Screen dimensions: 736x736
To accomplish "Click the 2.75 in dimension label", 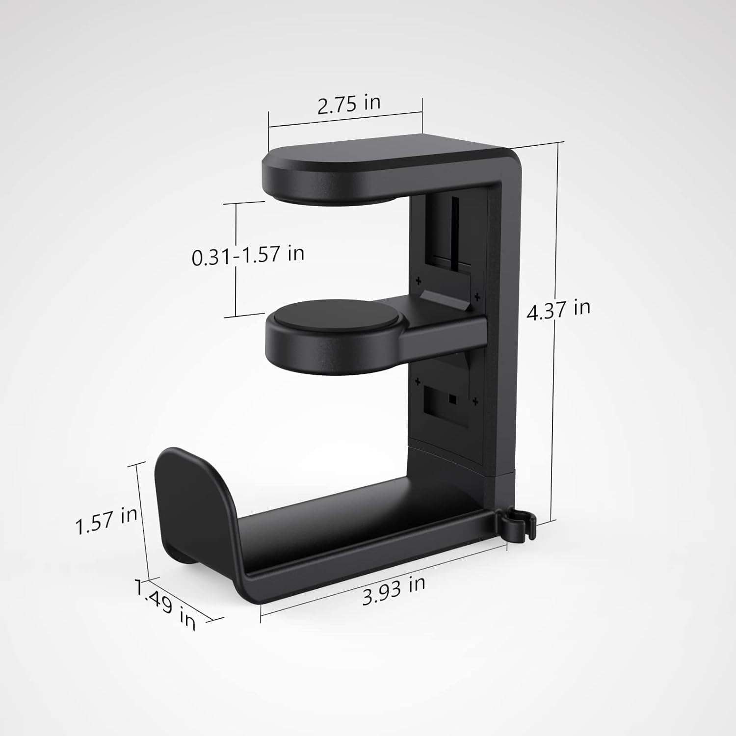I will (x=348, y=105).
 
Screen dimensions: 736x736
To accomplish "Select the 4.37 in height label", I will (x=558, y=310).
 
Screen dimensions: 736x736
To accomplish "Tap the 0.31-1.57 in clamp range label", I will (x=248, y=255).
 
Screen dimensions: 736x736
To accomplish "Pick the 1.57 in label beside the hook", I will (x=106, y=521).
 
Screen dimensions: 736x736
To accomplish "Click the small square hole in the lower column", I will (x=452, y=400).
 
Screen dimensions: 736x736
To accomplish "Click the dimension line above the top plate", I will (x=345, y=120).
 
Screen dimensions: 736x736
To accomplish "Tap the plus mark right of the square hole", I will (x=474, y=402).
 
